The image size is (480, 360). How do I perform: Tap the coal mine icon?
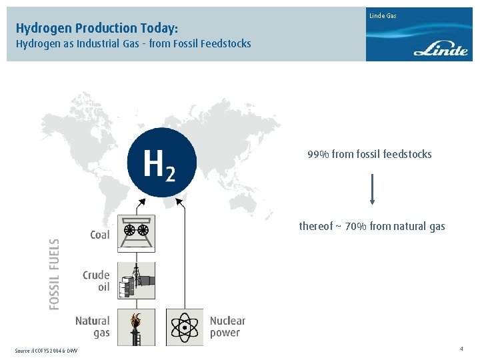pyautogui.click(x=136, y=233)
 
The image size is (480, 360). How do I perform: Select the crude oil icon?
pyautogui.click(x=136, y=280)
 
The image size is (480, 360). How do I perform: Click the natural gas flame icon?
pyautogui.click(x=136, y=327)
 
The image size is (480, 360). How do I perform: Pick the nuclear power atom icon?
pyautogui.click(x=184, y=327)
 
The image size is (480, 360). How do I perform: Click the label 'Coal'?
pyautogui.click(x=99, y=235)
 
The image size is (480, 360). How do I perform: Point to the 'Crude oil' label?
pyautogui.click(x=96, y=281)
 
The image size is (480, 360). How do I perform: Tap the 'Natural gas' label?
pyautogui.click(x=93, y=327)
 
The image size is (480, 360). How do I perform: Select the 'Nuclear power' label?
pyautogui.click(x=227, y=327)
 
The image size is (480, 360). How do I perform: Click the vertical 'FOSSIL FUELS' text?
pyautogui.click(x=55, y=274)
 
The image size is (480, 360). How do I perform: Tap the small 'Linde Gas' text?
pyautogui.click(x=383, y=15)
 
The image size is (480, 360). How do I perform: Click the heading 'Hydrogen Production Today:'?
pyautogui.click(x=97, y=28)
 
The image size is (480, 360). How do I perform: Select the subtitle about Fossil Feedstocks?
pyautogui.click(x=133, y=44)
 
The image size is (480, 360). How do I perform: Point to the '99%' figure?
pyautogui.click(x=317, y=155)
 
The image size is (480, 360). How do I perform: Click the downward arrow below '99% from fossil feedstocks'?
pyautogui.click(x=372, y=189)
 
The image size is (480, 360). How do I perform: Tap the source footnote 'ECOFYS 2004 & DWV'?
pyautogui.click(x=46, y=351)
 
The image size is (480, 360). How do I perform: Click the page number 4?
pyautogui.click(x=461, y=349)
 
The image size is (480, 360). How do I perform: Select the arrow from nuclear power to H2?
pyautogui.click(x=184, y=253)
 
